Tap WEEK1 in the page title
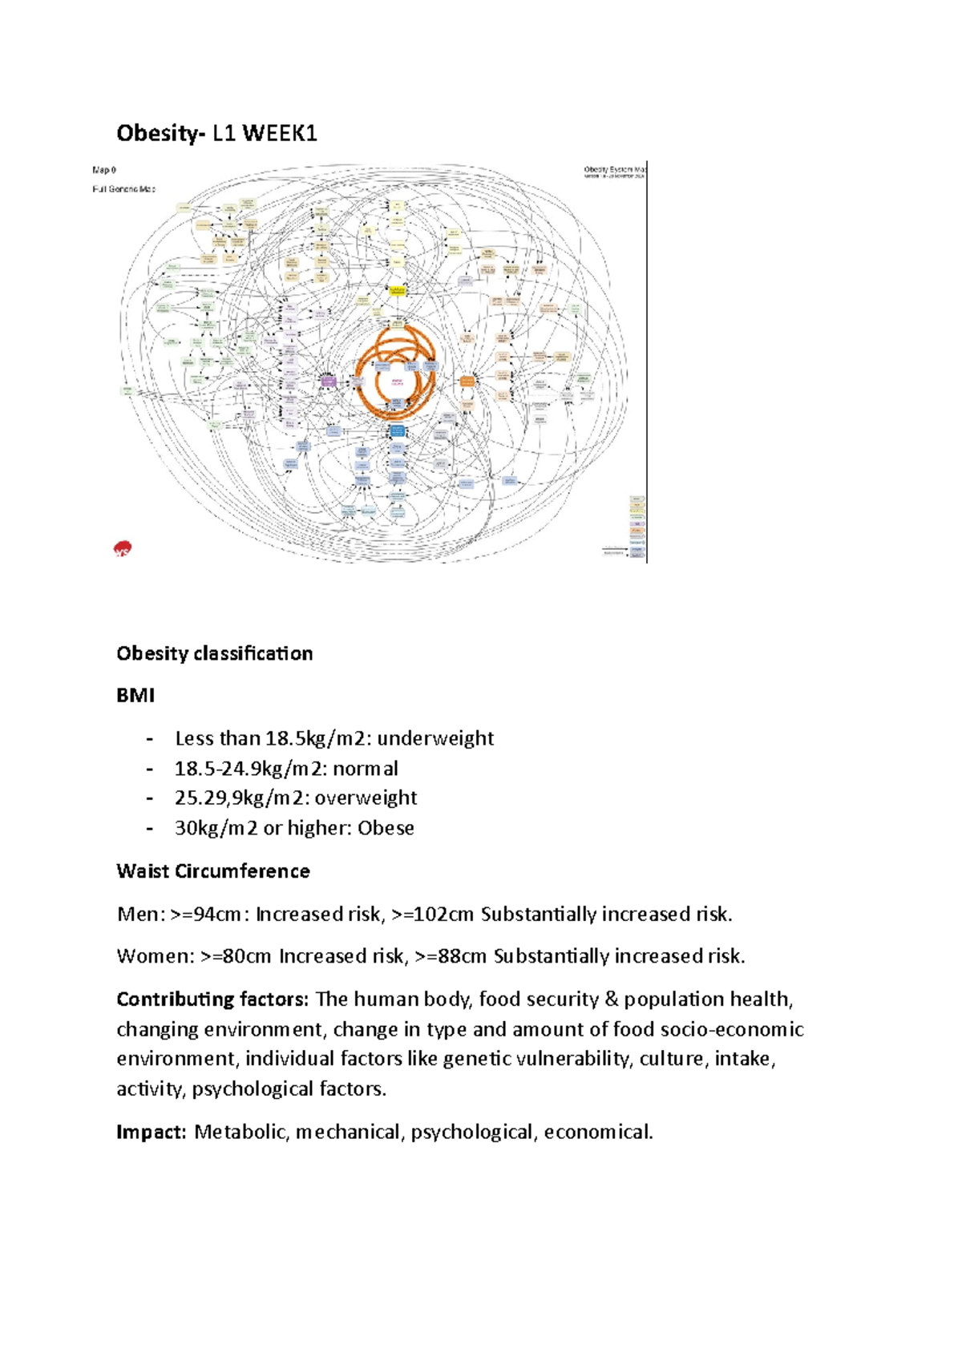(280, 133)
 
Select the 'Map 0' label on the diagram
(104, 170)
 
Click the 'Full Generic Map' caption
(124, 189)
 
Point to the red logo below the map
(123, 549)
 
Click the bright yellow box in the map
(398, 291)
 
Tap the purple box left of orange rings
(328, 381)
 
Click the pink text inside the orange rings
(396, 382)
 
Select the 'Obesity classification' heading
(214, 653)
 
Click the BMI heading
(135, 696)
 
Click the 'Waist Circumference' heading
(212, 871)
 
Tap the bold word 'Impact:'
(151, 1132)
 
